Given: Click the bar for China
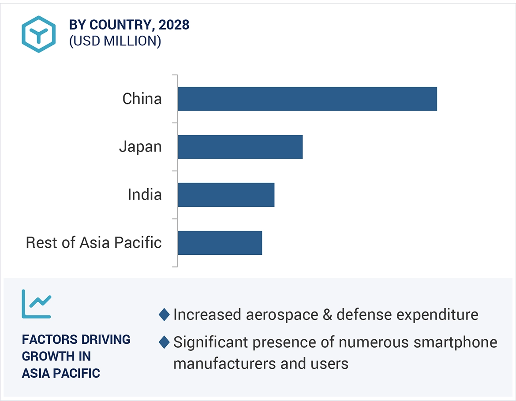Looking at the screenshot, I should pos(307,99).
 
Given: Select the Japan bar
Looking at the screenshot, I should pos(240,147).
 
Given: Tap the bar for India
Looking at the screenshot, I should pos(226,195).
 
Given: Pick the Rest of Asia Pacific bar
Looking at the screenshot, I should pos(220,243).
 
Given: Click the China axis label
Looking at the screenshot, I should pos(142,99).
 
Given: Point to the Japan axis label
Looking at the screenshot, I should pos(140,147).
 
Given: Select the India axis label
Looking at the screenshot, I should pos(145,195).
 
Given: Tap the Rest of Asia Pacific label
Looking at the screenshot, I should pos(93,243).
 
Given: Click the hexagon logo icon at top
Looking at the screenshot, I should pos(39,34).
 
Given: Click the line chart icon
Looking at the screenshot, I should pos(36,304).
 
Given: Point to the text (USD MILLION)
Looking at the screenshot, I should pos(115,41).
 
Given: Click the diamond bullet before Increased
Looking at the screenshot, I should pos(164,315).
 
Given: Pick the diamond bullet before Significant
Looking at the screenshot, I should pos(164,342).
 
